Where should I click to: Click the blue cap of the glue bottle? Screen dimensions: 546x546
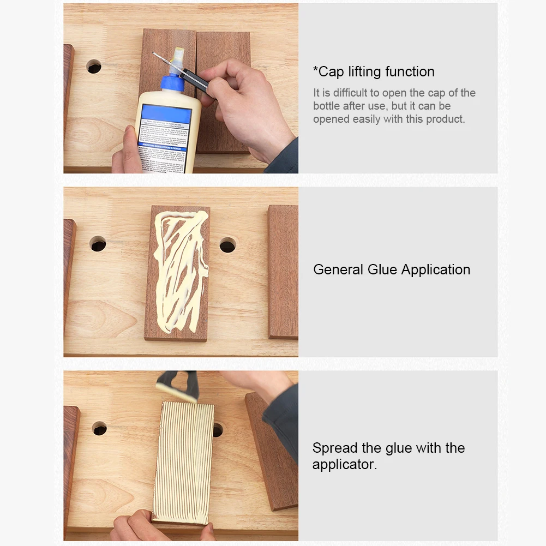(x=174, y=83)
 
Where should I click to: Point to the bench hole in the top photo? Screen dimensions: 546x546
(x=94, y=67)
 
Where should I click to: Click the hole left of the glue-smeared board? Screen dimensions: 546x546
(x=98, y=244)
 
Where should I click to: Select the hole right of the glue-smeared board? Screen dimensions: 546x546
(x=227, y=245)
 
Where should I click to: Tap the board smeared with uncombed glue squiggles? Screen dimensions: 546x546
(x=177, y=273)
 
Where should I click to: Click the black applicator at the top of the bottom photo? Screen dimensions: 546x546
(x=177, y=385)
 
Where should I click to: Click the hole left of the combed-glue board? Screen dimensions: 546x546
(x=99, y=428)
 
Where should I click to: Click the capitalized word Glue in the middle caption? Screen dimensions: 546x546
(x=382, y=269)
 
